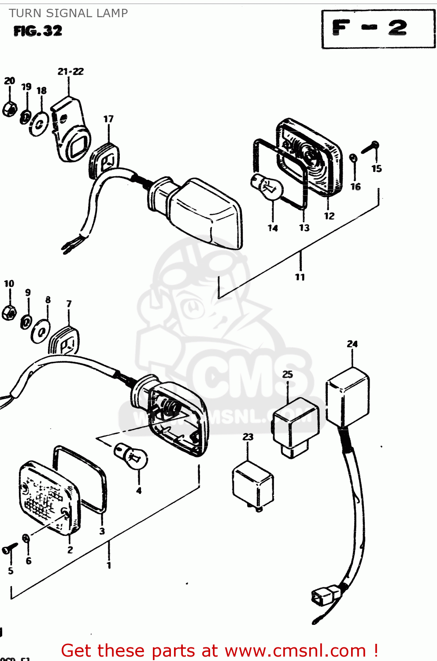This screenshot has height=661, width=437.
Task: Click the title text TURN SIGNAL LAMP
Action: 68,13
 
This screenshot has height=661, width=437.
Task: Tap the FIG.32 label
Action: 38,31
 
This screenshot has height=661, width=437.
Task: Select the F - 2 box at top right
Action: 378,29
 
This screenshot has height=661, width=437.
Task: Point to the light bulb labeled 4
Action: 131,457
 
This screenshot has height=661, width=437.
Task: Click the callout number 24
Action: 352,344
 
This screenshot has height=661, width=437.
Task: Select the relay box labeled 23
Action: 252,485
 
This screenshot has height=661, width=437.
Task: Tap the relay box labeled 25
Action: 296,425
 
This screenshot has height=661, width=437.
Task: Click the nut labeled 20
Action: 9,109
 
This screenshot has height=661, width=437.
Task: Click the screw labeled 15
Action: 370,147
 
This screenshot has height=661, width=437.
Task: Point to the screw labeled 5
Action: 9,549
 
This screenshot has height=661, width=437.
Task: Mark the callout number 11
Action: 300,277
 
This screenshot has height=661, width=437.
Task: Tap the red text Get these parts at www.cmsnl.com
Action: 219,650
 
